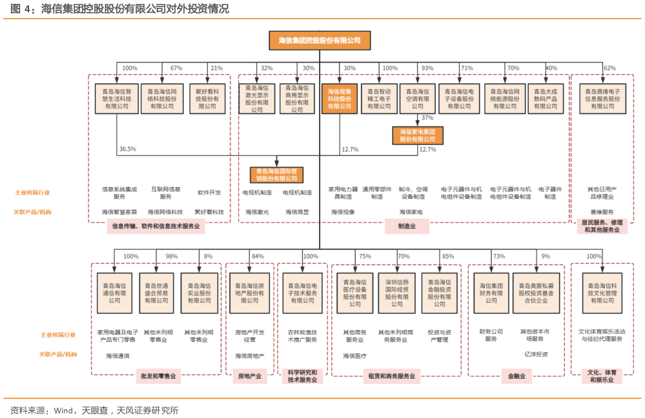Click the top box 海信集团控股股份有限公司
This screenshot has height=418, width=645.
point(320,40)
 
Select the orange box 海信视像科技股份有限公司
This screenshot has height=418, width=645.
point(339,99)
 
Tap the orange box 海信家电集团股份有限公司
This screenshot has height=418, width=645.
point(418,135)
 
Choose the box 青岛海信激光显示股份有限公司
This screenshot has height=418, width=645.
point(257,99)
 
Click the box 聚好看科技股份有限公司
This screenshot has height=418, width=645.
point(207,99)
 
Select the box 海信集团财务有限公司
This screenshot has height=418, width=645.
point(491,292)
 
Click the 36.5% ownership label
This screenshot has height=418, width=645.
point(127,149)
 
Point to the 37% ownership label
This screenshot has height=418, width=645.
point(427,118)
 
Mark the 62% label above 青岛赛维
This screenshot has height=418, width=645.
point(609,68)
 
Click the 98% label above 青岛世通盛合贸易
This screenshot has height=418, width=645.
point(171,256)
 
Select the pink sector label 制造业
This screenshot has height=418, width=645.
point(406,226)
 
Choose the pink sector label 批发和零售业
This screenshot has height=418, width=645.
point(158,376)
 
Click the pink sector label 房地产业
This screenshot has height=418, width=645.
point(249,376)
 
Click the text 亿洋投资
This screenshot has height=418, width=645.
point(535,353)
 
